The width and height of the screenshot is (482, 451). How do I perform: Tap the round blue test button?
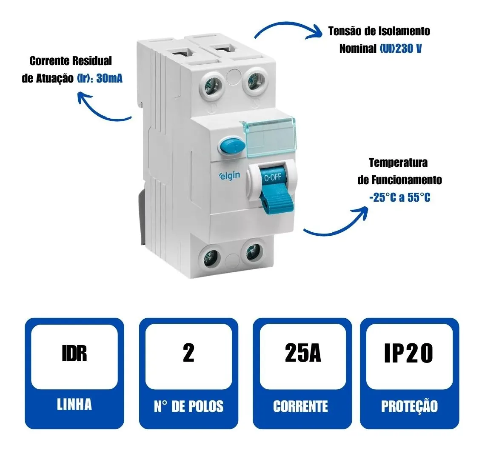pyautogui.click(x=231, y=146)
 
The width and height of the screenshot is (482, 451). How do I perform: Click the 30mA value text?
pyautogui.click(x=109, y=78)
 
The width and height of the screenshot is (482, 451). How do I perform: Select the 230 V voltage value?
pyautogui.click(x=408, y=49)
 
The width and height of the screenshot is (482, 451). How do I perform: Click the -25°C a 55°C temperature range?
pyautogui.click(x=399, y=197)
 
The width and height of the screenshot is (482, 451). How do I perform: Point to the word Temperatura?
pyautogui.click(x=398, y=163)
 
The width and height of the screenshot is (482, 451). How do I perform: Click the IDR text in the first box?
pyautogui.click(x=74, y=354)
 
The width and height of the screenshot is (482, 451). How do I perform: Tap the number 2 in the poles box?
pyautogui.click(x=188, y=353)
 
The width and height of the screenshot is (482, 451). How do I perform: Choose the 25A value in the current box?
pyautogui.click(x=303, y=353)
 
